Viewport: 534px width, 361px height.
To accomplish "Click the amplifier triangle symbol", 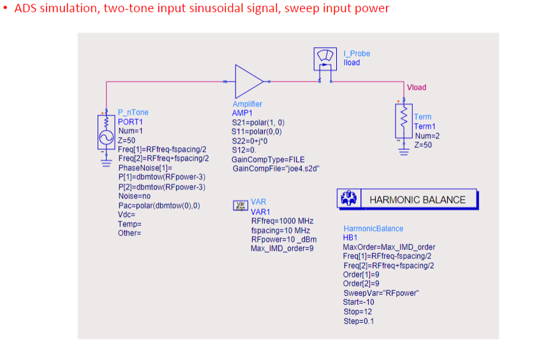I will pos(248,81).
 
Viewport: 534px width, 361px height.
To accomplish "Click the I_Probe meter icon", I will pos(325,59).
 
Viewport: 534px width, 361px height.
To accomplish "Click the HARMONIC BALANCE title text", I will pos(417,200).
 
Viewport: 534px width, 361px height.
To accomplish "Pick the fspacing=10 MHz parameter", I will pos(280,230).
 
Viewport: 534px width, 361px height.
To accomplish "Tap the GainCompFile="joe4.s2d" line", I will pos(275,168).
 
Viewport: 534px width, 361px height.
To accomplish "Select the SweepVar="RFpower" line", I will pos(380,293).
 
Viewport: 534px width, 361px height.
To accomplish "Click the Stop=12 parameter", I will pos(357,312).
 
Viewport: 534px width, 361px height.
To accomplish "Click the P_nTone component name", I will pos(133,113).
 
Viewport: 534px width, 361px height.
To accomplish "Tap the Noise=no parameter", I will pos(134,196).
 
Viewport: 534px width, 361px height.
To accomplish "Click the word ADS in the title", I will pos(26,9).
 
